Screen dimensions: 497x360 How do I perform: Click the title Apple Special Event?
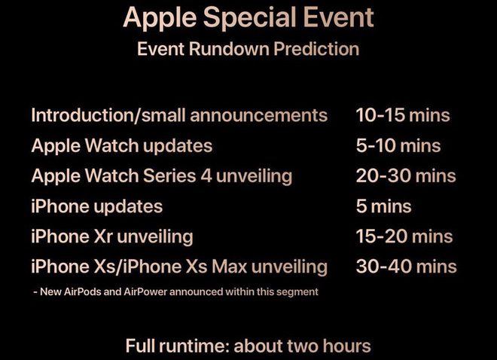coord(248,18)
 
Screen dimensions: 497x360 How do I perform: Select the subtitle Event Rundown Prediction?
coord(248,49)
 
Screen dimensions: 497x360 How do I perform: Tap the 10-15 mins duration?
coord(403,114)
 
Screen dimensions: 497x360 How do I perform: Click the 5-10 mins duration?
coord(398,145)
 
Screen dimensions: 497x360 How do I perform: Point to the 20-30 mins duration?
coord(406,176)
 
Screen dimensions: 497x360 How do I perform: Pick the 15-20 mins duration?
coord(404,236)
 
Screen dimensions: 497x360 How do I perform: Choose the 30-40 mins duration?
coord(407,266)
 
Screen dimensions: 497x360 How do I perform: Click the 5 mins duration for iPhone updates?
coord(384,206)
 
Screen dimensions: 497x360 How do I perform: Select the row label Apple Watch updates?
coord(122,146)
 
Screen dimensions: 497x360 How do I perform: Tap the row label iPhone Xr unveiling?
coord(112,237)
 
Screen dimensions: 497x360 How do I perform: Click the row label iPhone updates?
coord(97,207)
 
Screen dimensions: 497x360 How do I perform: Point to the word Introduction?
coord(82,114)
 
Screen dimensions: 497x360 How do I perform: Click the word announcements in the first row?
coord(259,115)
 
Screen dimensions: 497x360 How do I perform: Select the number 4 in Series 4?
coord(206,176)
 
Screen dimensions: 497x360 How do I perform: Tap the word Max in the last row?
coord(230,267)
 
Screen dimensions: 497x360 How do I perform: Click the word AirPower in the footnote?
coord(145,291)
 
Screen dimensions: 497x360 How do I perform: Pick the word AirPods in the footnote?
coord(82,291)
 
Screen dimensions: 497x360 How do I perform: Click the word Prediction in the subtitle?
coord(316,49)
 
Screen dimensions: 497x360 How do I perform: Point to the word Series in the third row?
coord(169,176)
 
